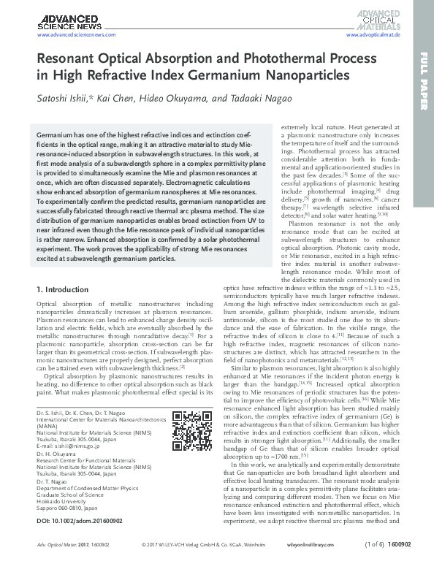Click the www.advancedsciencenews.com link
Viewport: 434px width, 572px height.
pyautogui.click(x=72, y=34)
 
